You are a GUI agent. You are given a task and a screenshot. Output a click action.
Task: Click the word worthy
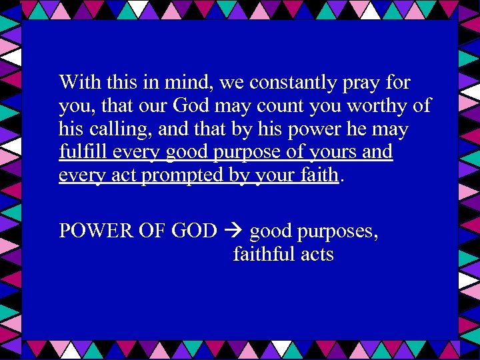[377, 106]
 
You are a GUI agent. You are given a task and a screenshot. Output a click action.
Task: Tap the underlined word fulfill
[83, 152]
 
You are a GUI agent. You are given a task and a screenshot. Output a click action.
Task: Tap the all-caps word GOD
[194, 231]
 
